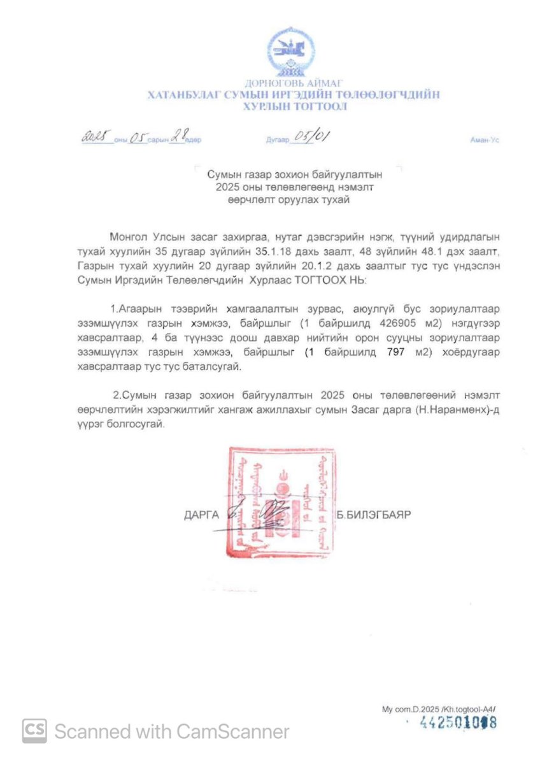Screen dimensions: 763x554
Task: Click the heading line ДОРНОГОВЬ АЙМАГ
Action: click(294, 83)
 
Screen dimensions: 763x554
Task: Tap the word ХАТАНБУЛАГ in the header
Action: click(184, 95)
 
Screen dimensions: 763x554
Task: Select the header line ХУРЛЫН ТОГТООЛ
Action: click(294, 106)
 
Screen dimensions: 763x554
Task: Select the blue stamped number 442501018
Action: click(457, 723)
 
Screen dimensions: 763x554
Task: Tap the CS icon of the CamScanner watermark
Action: click(34, 731)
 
